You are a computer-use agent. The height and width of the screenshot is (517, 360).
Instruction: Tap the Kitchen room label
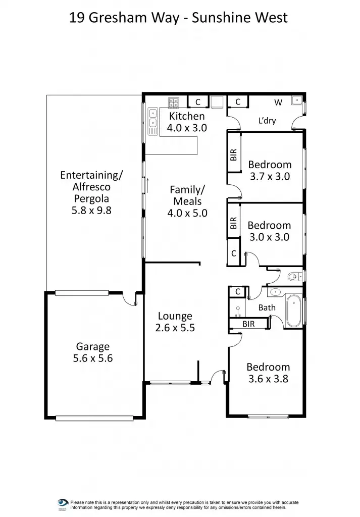[187, 116]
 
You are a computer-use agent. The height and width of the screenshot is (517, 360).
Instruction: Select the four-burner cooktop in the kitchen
[174, 102]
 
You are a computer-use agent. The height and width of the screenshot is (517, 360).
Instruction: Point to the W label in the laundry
[278, 102]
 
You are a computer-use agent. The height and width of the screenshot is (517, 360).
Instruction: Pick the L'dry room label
[267, 121]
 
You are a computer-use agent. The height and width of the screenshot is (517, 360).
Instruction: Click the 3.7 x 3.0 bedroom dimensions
[270, 177]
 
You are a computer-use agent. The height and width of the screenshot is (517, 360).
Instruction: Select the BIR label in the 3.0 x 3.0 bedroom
[233, 223]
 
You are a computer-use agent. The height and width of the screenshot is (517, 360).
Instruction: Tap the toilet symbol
[294, 276]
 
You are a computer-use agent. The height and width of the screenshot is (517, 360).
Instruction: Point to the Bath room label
[267, 307]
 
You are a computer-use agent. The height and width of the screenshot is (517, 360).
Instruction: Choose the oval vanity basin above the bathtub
[276, 292]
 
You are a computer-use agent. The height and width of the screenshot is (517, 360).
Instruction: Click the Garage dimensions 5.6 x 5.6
[93, 359]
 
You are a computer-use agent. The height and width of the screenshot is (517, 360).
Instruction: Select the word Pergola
[91, 198]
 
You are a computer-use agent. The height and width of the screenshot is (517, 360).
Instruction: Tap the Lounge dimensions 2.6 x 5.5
[175, 328]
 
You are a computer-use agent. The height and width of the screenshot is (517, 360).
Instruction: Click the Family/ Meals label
[187, 195]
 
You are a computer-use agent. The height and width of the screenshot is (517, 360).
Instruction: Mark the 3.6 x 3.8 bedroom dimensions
[268, 379]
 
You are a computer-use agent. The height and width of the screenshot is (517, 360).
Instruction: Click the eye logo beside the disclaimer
[63, 503]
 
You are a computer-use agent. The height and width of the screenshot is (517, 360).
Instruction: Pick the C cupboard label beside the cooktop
[198, 102]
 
